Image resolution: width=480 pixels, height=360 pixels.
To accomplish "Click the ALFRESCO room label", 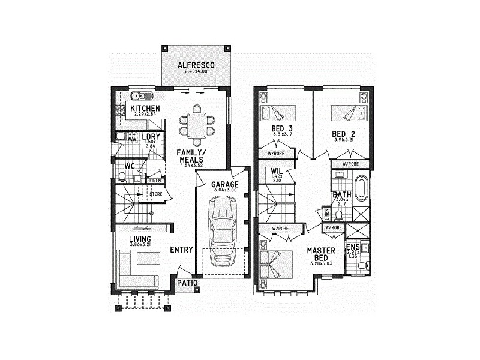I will click(x=196, y=65).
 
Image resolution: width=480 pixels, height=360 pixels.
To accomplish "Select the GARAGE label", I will click(x=224, y=184).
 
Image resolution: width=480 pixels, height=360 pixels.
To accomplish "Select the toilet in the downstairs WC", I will click(x=122, y=176).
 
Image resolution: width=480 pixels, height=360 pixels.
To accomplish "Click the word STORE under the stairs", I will click(x=156, y=194).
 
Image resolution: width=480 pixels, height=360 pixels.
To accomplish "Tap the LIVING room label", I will click(x=140, y=239).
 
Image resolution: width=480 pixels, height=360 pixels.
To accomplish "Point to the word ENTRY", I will click(x=181, y=250).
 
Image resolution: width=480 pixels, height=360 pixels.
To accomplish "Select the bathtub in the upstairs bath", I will click(x=362, y=188).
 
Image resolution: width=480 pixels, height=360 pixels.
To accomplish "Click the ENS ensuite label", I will click(x=352, y=247).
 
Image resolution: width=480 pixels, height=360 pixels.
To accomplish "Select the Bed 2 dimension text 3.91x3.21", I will click(x=344, y=140).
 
